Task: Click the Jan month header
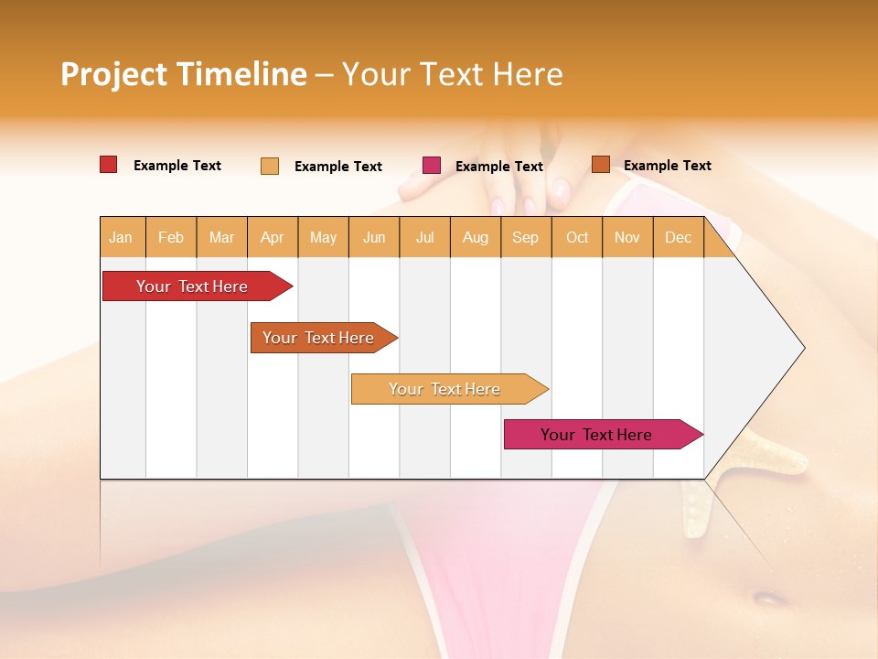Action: tap(122, 237)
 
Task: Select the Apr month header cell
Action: tap(272, 237)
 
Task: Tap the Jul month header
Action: tap(424, 237)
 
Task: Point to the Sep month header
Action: tap(525, 237)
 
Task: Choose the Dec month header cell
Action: tap(678, 237)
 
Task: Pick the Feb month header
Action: tap(171, 237)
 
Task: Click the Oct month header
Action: tap(577, 237)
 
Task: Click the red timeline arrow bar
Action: tap(192, 286)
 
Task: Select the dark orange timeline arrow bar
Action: tap(318, 338)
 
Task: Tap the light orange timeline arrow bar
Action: tap(444, 389)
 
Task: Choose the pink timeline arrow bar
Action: tap(596, 435)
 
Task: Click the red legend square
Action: tap(109, 165)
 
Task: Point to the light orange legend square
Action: tap(270, 166)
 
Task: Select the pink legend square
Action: tap(432, 166)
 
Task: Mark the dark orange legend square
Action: tap(600, 165)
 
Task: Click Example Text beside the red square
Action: tap(177, 166)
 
